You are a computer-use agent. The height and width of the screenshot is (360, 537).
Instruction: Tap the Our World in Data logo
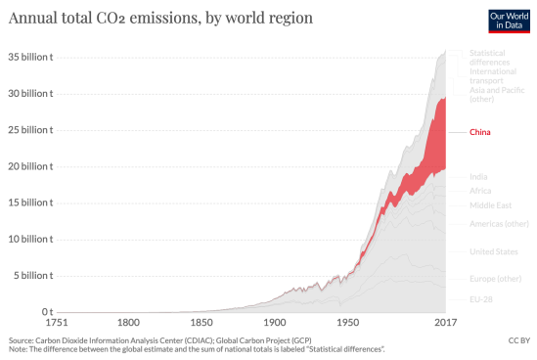[509, 20]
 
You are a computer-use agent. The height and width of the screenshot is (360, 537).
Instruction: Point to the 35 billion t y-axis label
[29, 56]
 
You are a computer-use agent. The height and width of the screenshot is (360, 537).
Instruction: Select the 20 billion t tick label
[29, 166]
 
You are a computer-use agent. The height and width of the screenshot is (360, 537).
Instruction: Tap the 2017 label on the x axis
[446, 322]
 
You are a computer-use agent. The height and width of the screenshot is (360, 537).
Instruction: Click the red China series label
[480, 131]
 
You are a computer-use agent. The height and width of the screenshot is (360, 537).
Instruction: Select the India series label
[479, 176]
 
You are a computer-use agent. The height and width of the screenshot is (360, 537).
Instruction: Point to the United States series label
[494, 251]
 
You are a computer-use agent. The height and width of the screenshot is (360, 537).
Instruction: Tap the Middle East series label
[489, 205]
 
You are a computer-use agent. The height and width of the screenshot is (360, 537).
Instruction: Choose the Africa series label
[480, 191]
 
